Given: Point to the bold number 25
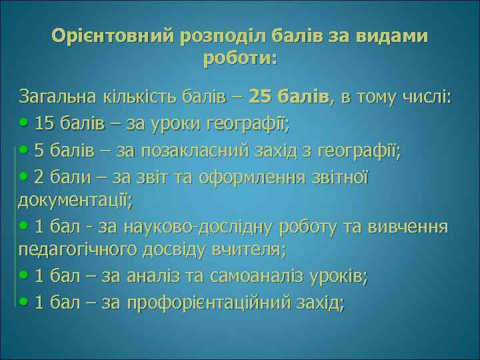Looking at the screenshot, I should tap(259, 98).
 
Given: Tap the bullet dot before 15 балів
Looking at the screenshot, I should tap(25, 124).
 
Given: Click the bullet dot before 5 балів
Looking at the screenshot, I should tap(25, 151).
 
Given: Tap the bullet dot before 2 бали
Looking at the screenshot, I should tap(25, 178).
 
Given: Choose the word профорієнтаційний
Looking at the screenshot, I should tap(198, 303).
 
